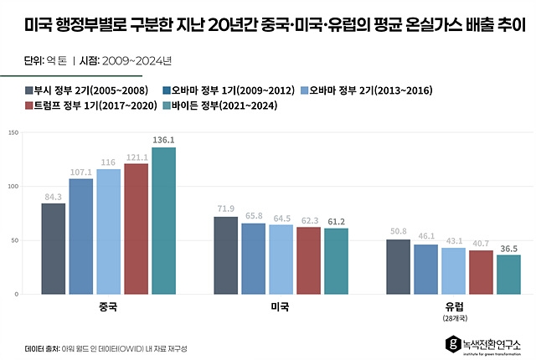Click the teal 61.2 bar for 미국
(336, 261)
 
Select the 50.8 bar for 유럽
(398, 267)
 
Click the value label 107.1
(81, 172)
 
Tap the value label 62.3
(308, 220)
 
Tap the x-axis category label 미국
(281, 307)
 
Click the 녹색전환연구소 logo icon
(453, 342)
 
